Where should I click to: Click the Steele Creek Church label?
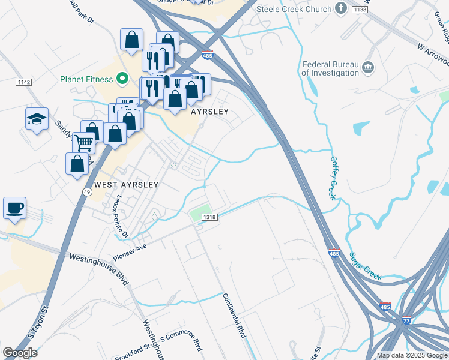[x=294, y=9]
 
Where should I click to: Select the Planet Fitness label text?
[x=86, y=79]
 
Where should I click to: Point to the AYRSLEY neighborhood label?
[x=210, y=112]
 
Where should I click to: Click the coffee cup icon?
[x=15, y=208]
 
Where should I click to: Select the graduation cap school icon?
[x=37, y=118]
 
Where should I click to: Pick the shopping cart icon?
[x=84, y=143]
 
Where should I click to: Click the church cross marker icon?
[x=342, y=8]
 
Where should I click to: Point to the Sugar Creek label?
[x=366, y=266]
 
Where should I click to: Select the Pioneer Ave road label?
[x=130, y=245]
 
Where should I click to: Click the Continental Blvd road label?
[x=234, y=315]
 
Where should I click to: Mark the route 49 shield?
[x=87, y=191]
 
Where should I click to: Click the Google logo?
[x=20, y=352]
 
